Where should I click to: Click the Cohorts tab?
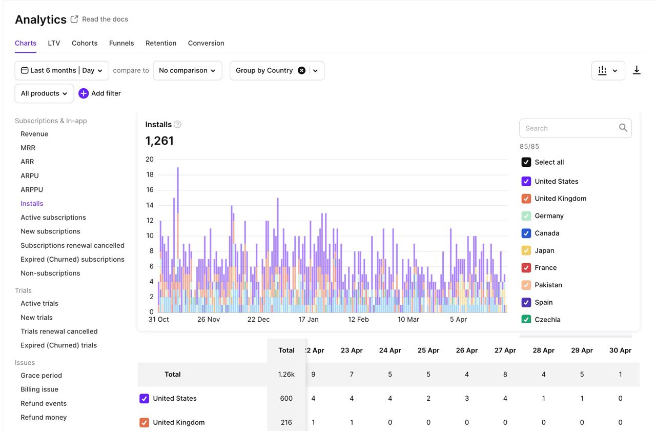[x=85, y=43]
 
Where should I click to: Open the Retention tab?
[x=161, y=43]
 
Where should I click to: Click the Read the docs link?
[x=105, y=19]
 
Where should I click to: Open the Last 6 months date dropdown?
[x=61, y=70]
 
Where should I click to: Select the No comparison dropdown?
[x=187, y=70]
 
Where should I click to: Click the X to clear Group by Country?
[x=301, y=70]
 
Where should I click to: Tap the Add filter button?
[x=99, y=93]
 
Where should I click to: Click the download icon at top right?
[x=637, y=70]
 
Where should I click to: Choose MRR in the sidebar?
[x=28, y=148]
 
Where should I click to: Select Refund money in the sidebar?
[x=44, y=417]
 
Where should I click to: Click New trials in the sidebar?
[x=36, y=318]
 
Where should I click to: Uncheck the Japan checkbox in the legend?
[x=526, y=250]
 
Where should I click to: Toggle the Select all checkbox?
[x=526, y=162]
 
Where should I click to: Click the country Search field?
[x=569, y=128]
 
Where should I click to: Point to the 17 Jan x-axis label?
[x=309, y=319]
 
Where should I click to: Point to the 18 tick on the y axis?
[x=150, y=174]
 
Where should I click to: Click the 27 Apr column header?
[x=505, y=350]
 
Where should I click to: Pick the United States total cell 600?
[x=286, y=398]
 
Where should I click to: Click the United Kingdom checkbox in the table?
[x=144, y=422]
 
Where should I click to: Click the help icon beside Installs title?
[x=177, y=124]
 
